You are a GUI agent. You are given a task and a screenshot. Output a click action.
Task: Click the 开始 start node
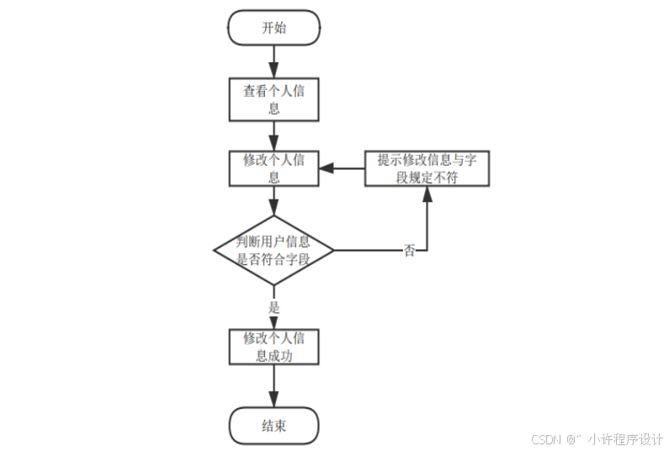pyautogui.click(x=274, y=28)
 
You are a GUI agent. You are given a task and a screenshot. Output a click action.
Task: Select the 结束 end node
pyautogui.click(x=274, y=426)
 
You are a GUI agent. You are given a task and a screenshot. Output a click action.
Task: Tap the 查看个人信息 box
pyautogui.click(x=274, y=99)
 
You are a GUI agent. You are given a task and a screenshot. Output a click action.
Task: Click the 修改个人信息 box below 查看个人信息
pyautogui.click(x=274, y=168)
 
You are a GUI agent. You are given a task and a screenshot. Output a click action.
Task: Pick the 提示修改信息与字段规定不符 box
pyautogui.click(x=427, y=168)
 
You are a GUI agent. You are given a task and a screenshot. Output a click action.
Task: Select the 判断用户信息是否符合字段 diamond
pyautogui.click(x=274, y=250)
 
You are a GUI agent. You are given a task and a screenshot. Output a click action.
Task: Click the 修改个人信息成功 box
pyautogui.click(x=274, y=347)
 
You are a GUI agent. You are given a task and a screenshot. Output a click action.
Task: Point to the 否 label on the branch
pyautogui.click(x=410, y=251)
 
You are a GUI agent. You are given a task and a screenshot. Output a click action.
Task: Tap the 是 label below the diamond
pyautogui.click(x=273, y=307)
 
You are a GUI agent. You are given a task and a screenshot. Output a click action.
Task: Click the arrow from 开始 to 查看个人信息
pyautogui.click(x=274, y=61)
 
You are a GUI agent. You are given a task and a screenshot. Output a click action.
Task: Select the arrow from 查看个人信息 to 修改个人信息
pyautogui.click(x=274, y=135)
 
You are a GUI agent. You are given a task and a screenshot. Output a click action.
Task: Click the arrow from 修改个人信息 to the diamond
pyautogui.click(x=274, y=202)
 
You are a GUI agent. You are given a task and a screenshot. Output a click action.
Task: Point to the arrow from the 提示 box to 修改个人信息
pyautogui.click(x=342, y=168)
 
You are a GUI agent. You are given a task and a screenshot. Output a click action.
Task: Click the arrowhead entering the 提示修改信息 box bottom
pyautogui.click(x=427, y=193)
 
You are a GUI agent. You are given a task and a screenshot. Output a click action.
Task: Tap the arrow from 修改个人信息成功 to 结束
pyautogui.click(x=274, y=386)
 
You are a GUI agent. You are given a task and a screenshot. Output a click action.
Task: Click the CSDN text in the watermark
pyautogui.click(x=547, y=439)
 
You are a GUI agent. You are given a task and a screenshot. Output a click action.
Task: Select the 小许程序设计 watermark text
pyautogui.click(x=626, y=439)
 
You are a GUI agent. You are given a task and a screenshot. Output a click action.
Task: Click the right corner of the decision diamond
pyautogui.click(x=334, y=250)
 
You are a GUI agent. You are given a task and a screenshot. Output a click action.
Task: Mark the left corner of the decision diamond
pyautogui.click(x=215, y=250)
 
